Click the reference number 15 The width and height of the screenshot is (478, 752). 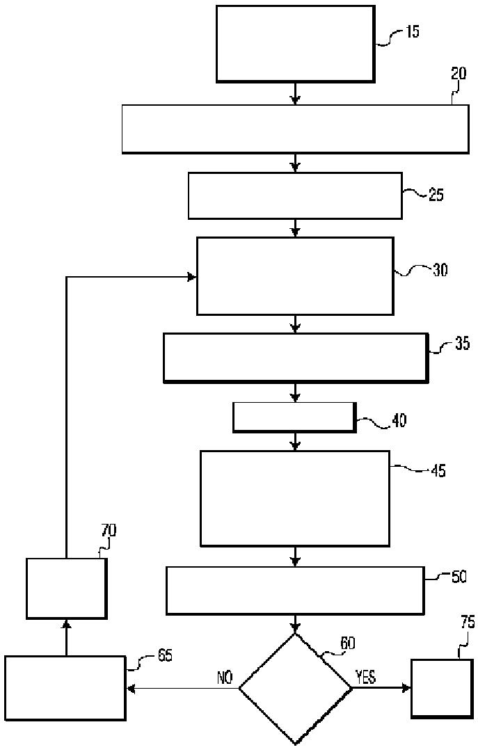pos(412,32)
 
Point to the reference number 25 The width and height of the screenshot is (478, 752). pos(436,195)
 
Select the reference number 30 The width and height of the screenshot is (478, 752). pos(440,270)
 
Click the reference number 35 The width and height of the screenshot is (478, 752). pos(461,344)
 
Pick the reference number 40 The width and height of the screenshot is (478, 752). pos(399,420)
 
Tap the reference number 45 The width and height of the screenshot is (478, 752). pos(438,471)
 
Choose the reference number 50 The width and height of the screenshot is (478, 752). pos(460,577)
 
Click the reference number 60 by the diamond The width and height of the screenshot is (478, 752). pos(347,643)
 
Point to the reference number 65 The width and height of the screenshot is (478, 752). pos(164,655)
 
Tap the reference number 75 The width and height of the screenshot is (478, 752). pos(468,623)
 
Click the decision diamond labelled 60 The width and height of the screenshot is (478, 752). pos(296,688)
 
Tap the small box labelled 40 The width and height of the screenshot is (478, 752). pos(294,417)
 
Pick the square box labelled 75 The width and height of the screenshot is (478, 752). pos(442,688)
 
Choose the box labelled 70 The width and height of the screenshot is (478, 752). pos(66,589)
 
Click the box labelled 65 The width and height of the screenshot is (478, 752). pos(65,688)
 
